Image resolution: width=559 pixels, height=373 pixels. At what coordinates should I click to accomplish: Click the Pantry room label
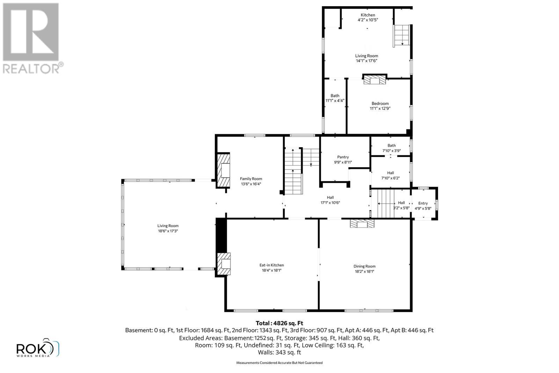343,157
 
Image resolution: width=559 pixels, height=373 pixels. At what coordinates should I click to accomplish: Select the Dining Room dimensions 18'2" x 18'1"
364,271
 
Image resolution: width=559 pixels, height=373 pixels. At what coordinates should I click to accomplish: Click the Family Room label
251,179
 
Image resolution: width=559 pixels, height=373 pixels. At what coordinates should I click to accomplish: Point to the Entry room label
423,203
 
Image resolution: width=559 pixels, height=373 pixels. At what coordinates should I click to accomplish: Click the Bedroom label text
380,103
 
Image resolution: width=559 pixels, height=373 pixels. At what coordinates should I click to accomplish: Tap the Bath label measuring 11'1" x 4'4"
335,98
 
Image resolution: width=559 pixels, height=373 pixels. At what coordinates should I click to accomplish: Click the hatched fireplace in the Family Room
224,170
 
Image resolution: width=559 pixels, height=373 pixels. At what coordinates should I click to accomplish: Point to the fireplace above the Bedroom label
375,80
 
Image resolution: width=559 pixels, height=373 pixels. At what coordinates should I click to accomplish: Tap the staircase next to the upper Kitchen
402,36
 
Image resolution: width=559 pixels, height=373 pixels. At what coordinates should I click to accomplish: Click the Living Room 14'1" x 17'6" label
366,58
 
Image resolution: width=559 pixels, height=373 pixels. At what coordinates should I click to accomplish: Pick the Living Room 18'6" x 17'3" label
168,228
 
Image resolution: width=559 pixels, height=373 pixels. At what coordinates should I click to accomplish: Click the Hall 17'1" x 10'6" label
330,200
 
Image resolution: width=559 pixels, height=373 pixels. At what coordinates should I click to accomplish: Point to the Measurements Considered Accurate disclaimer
279,363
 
